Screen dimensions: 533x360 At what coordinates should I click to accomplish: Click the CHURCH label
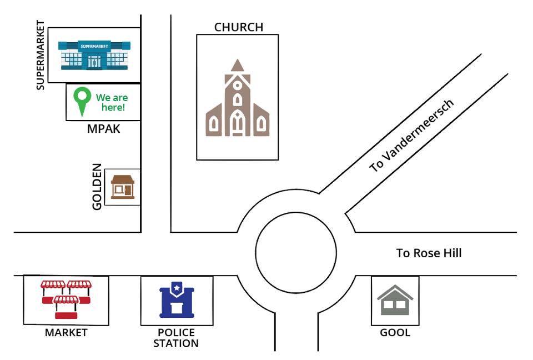pyautogui.click(x=239, y=27)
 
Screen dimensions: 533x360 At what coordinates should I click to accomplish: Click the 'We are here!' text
pyautogui.click(x=112, y=102)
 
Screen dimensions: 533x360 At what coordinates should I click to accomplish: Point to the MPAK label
pyautogui.click(x=104, y=129)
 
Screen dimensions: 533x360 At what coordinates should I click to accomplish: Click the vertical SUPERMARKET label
pyautogui.click(x=41, y=55)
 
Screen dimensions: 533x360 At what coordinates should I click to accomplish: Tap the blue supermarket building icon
pyautogui.click(x=94, y=56)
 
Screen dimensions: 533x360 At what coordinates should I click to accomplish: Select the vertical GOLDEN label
pyautogui.click(x=97, y=187)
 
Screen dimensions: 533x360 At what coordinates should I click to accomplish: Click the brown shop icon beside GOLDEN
pyautogui.click(x=123, y=187)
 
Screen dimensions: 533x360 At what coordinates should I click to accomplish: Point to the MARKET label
pyautogui.click(x=66, y=332)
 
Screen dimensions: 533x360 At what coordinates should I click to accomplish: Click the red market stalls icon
pyautogui.click(x=66, y=299)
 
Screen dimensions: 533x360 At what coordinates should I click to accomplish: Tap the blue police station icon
pyautogui.click(x=177, y=300)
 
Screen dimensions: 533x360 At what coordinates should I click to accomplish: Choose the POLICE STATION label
pyautogui.click(x=176, y=338)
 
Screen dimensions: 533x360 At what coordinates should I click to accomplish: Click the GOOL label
pyautogui.click(x=395, y=332)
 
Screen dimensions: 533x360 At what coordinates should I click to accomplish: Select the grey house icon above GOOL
pyautogui.click(x=395, y=300)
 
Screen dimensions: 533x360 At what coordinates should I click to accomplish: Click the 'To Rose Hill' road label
pyautogui.click(x=429, y=253)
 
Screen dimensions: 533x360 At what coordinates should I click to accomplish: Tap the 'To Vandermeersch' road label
pyautogui.click(x=411, y=136)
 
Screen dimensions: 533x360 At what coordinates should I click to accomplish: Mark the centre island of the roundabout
pyautogui.click(x=296, y=253)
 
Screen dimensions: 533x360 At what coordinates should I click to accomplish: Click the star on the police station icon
pyautogui.click(x=177, y=288)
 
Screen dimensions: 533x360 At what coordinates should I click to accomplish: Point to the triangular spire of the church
pyautogui.click(x=238, y=66)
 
